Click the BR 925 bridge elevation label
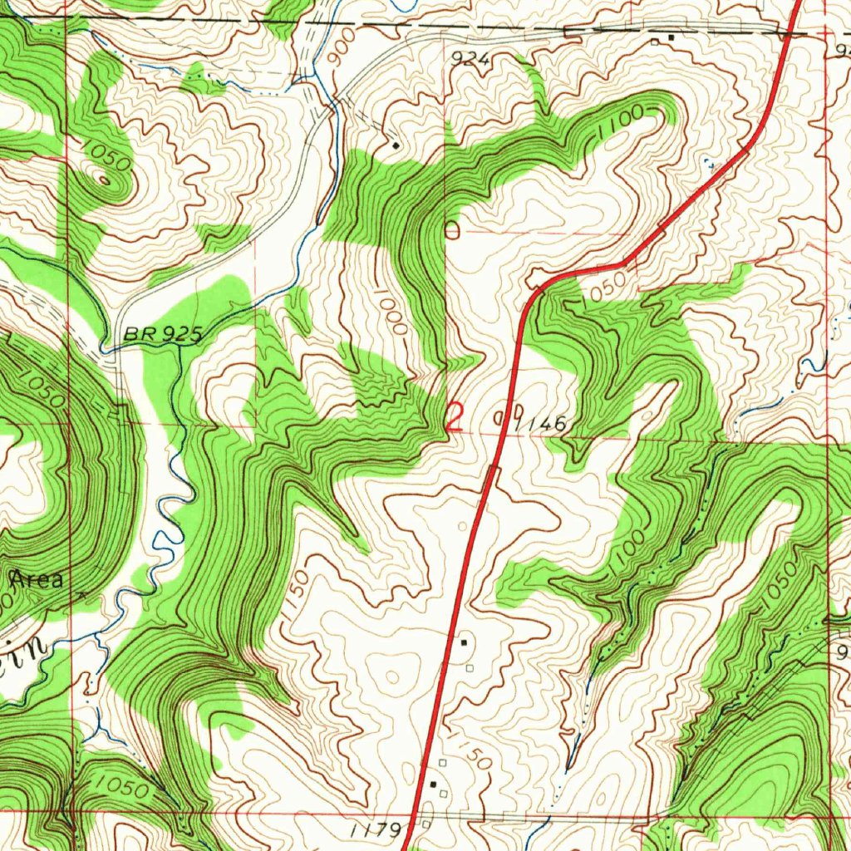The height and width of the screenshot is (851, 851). (x=164, y=334)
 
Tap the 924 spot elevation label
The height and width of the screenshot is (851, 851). (x=472, y=58)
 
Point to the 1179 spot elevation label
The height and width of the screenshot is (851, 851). (x=375, y=829)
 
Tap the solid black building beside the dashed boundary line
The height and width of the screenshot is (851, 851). (x=671, y=37)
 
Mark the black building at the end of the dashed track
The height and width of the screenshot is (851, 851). (x=396, y=145)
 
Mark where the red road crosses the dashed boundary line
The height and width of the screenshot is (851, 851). (x=786, y=32)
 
